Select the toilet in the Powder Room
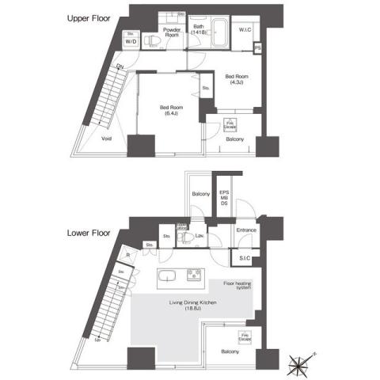tap(150, 41)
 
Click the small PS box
tap(258, 49)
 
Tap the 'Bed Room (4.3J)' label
tap(236, 79)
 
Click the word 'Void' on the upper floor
tap(107, 138)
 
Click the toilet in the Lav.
tap(184, 237)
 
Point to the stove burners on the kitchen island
tap(194, 275)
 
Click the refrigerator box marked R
tap(127, 255)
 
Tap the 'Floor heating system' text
tap(237, 285)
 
